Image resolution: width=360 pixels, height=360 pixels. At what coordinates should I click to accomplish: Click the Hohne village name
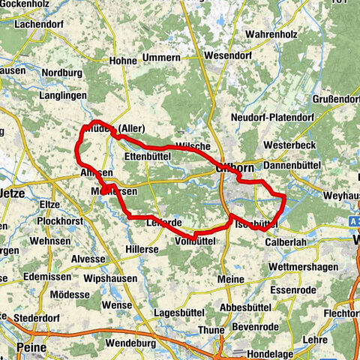pyautogui.click(x=123, y=61)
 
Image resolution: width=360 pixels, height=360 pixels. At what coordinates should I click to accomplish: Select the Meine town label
pyautogui.click(x=234, y=279)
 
